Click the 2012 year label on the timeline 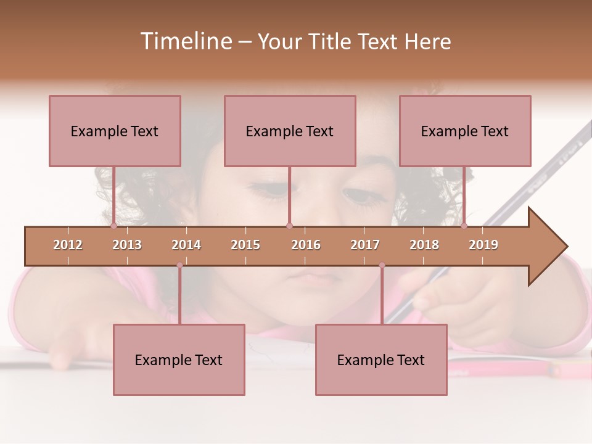pos(68,245)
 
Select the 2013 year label pos(127,245)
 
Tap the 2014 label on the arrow pos(186,245)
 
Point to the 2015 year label pos(245,245)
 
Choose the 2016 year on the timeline pos(306,245)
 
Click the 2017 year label pos(365,245)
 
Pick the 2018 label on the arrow pos(424,245)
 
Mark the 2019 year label pos(483,245)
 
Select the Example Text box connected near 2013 pos(115,131)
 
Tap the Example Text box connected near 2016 pos(290,131)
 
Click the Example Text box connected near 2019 pos(465,131)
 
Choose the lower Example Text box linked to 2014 pos(179,360)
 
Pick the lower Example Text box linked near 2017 pos(381,360)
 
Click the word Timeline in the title pos(185,41)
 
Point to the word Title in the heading pos(332,41)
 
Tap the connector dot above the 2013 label pos(113,226)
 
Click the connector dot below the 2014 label pos(179,265)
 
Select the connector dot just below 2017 pos(382,265)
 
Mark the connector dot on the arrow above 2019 pos(464,226)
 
